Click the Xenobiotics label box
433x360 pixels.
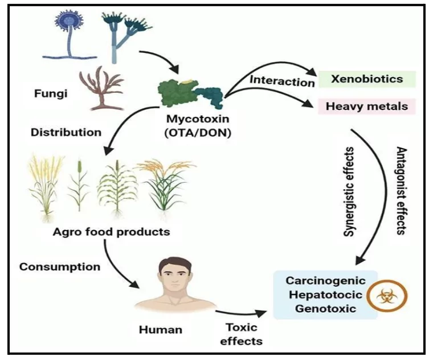367,79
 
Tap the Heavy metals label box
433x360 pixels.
367,106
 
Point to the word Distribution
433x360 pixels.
66,132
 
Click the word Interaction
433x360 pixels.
282,81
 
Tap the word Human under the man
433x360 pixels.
161,329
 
